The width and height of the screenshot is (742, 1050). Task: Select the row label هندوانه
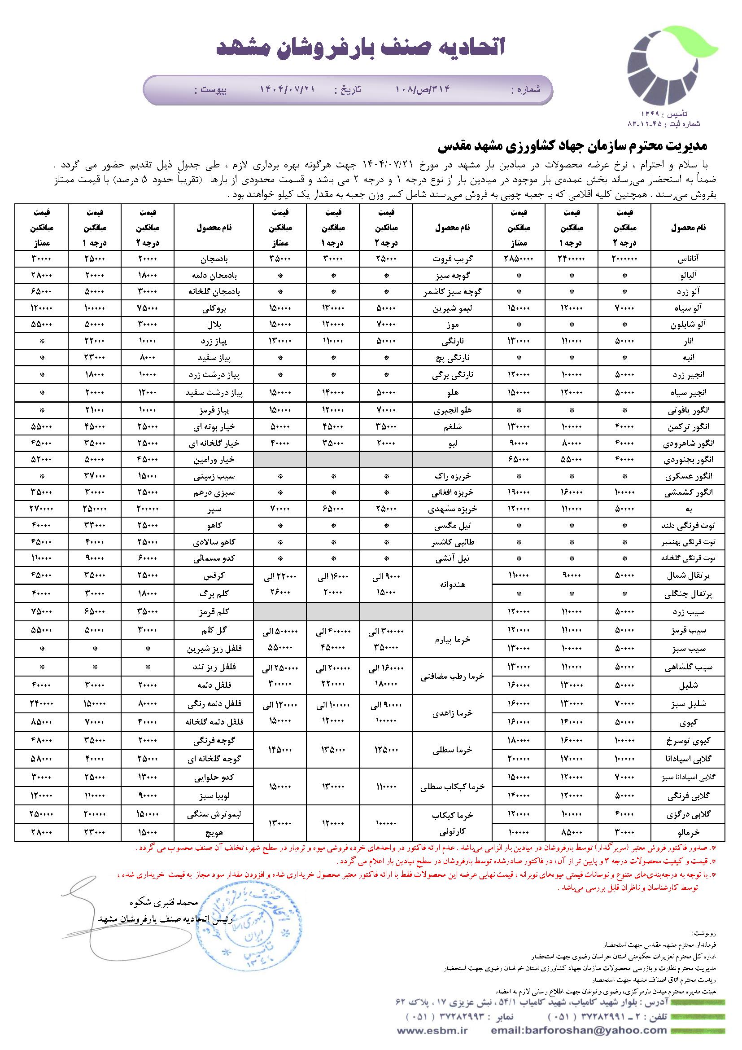(x=452, y=585)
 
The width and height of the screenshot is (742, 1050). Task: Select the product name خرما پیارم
(x=452, y=640)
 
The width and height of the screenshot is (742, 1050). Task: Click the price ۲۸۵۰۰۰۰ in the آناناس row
(x=519, y=259)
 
